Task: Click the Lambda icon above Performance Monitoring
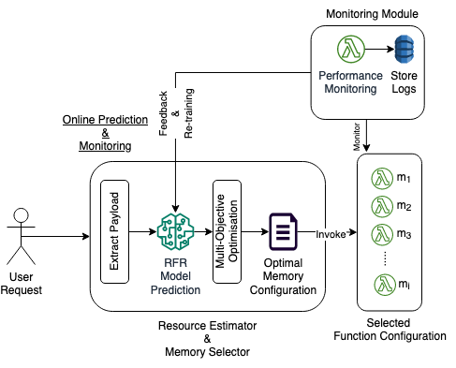pos(350,49)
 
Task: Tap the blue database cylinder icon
pos(404,49)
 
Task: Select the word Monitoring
pos(350,89)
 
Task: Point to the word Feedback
pos(164,113)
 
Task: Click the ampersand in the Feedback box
pos(176,113)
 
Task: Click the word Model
pos(175,277)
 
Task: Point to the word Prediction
pos(175,290)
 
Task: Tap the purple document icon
pos(284,231)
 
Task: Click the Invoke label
pos(331,234)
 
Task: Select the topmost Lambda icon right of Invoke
pos(382,178)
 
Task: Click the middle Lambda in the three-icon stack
pos(382,206)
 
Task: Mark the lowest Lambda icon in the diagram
pos(386,284)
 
